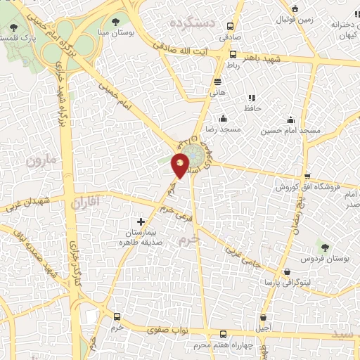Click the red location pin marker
(181, 165)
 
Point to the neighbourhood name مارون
(40, 160)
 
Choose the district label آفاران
(87, 202)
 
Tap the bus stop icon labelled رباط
(233, 54)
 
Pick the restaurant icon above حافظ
(252, 98)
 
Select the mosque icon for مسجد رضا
(223, 118)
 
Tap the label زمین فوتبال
(313, 20)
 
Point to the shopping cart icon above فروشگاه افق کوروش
(306, 176)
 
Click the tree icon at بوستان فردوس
(325, 247)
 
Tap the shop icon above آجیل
(264, 318)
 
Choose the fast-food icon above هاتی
(217, 81)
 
